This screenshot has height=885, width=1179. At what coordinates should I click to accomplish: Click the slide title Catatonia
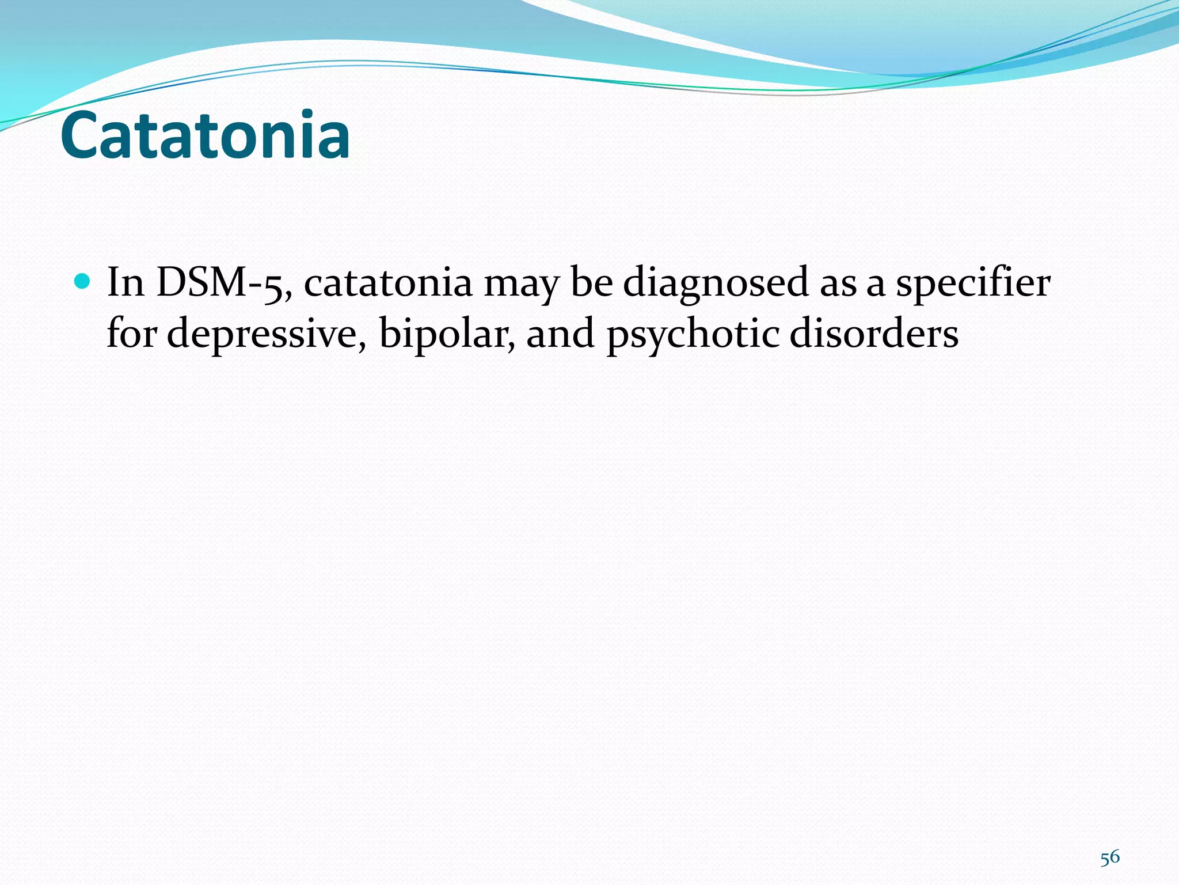[205, 136]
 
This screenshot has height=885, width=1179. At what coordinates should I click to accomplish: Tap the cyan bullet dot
[83, 281]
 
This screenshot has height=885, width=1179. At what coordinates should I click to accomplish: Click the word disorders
[874, 334]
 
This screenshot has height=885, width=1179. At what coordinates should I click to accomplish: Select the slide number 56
[1110, 857]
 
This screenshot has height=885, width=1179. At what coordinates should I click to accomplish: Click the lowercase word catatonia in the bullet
[388, 283]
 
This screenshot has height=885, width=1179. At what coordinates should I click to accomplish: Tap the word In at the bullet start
[125, 283]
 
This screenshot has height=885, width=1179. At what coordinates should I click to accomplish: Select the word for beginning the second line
[131, 334]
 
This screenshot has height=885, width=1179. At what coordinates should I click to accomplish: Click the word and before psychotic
[560, 334]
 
